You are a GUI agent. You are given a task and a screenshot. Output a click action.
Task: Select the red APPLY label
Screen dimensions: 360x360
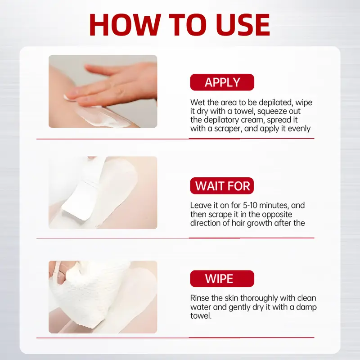coord(222,82)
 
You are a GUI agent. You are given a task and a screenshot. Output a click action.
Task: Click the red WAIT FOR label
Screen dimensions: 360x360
coord(222,186)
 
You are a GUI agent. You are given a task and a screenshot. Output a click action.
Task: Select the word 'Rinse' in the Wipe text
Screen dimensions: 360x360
coord(200,298)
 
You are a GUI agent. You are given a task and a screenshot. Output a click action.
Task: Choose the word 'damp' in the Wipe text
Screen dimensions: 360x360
coord(296,307)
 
